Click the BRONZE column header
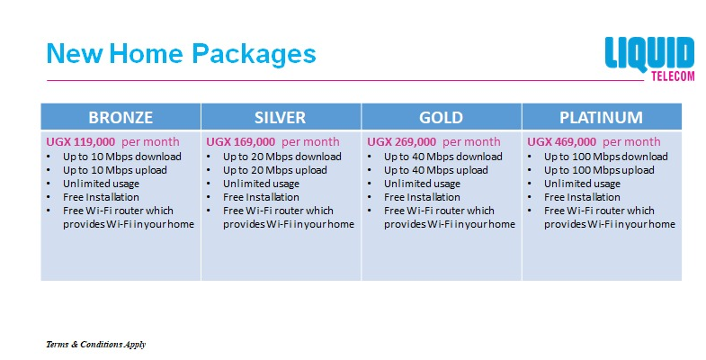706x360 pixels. [121, 117]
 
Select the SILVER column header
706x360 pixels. [281, 117]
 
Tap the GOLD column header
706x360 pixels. [442, 117]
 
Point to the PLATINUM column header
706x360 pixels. [602, 117]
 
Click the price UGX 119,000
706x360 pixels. [81, 142]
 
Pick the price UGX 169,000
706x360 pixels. [241, 142]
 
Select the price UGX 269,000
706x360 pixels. [402, 142]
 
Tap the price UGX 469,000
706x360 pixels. [562, 142]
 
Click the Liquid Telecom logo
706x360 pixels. [649, 58]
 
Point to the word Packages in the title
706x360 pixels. [254, 54]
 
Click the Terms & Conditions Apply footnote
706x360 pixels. [96, 345]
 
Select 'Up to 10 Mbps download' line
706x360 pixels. [122, 157]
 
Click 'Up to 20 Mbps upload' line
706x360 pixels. [275, 170]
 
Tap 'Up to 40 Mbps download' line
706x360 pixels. [443, 157]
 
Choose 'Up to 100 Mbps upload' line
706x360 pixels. [599, 170]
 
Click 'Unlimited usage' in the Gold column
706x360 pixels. [423, 184]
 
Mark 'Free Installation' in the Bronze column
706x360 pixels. [101, 197]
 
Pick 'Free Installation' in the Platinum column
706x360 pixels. [582, 197]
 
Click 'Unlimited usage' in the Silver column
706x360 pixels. [261, 184]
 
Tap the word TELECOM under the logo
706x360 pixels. [673, 76]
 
